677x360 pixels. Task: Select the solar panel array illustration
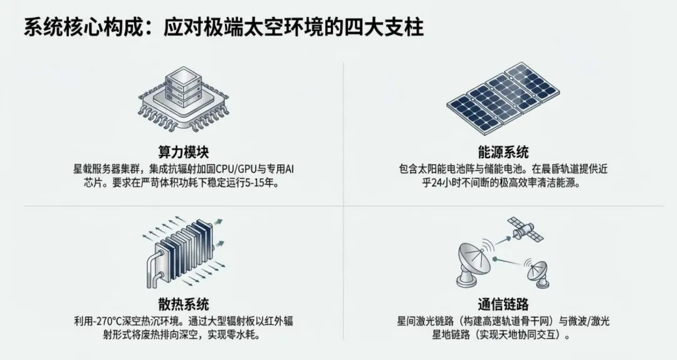coord(503,94)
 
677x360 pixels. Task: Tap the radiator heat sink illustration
coord(182,254)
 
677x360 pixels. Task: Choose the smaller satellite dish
coord(536,272)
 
